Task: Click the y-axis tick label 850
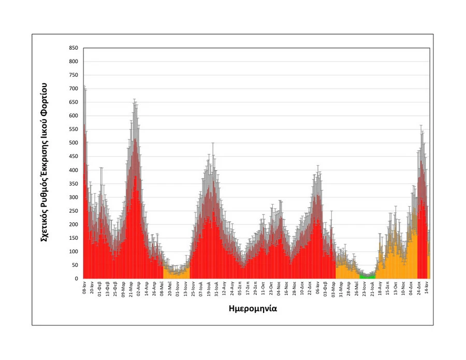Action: click(x=73, y=48)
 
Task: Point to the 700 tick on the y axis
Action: click(x=73, y=89)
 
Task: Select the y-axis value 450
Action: click(x=73, y=157)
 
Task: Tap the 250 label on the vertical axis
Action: click(x=73, y=211)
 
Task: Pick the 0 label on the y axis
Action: click(x=76, y=279)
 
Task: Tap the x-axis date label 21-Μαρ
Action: click(x=131, y=288)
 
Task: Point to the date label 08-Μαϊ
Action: click(x=162, y=288)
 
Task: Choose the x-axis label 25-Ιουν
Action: click(x=193, y=289)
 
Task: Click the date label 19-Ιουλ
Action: click(x=209, y=289)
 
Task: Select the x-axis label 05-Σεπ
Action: click(x=240, y=288)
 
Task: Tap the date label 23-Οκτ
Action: click(x=271, y=288)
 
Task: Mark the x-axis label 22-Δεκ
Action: click(x=310, y=288)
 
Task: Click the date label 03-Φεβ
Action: click(x=325, y=288)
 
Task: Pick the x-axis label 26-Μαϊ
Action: click(x=356, y=288)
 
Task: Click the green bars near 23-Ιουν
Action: click(x=368, y=276)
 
